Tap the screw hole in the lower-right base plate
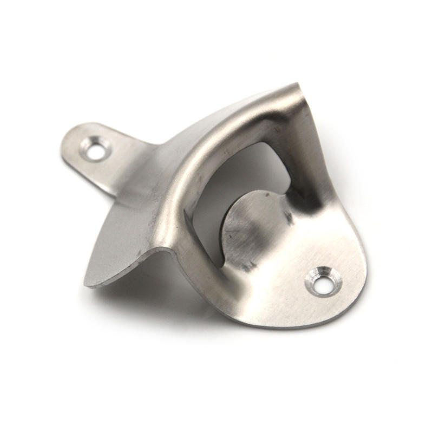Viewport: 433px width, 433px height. point(324,282)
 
